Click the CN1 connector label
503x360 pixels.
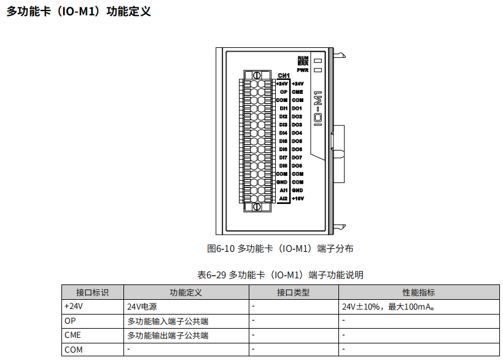click(283, 76)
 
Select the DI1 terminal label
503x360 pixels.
click(283, 108)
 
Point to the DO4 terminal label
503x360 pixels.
click(297, 133)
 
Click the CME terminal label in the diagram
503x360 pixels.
click(297, 92)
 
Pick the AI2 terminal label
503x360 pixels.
click(283, 198)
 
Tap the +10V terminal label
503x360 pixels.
click(297, 198)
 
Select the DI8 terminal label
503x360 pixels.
click(283, 166)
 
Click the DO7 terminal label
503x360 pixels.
click(297, 157)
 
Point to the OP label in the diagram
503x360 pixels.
click(284, 92)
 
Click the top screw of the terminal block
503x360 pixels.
click(257, 75)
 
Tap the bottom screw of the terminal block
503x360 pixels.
click(257, 207)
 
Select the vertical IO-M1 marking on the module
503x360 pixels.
click(318, 109)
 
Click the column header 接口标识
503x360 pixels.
click(92, 292)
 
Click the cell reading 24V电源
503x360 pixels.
click(142, 307)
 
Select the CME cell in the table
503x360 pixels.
click(72, 335)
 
